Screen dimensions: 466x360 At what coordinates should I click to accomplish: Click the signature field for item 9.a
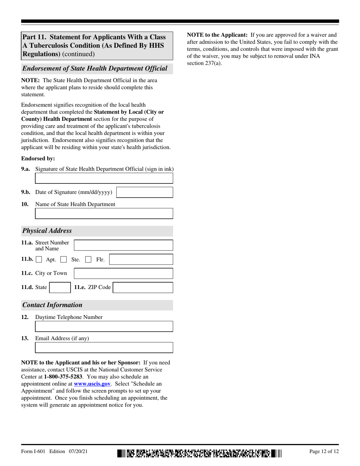(104, 178)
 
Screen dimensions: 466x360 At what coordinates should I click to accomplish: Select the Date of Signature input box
(144, 192)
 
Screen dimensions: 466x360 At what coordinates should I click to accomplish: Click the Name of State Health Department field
(104, 214)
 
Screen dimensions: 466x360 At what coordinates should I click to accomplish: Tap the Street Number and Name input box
(123, 246)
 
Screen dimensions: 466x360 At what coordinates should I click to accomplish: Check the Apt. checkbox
(39, 260)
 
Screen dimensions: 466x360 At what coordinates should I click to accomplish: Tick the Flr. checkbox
(88, 260)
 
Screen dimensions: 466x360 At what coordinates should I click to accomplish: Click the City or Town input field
(123, 274)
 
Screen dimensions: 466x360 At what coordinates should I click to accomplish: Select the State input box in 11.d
(60, 288)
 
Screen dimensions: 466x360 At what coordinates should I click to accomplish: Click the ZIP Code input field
(143, 288)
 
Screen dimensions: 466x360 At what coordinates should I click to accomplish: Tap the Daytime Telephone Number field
(104, 327)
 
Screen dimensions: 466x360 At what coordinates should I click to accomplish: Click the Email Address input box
(104, 348)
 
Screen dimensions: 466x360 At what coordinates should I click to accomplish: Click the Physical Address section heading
(47, 231)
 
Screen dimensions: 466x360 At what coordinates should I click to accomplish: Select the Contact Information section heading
(52, 305)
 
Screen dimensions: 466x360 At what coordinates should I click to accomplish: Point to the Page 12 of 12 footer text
(324, 451)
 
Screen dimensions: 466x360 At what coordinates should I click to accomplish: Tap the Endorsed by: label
(38, 159)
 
